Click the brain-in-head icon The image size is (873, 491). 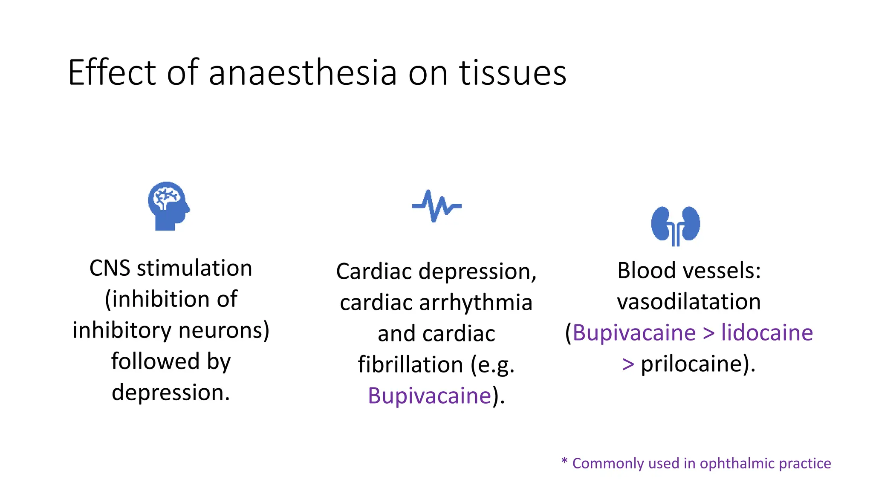click(169, 206)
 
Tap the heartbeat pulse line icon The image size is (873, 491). click(436, 206)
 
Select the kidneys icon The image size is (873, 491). click(675, 225)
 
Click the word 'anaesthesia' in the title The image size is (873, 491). click(303, 73)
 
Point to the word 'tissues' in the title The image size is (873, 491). click(512, 73)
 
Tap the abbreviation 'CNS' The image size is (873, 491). click(110, 269)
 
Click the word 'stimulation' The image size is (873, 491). click(194, 269)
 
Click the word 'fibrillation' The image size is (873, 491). click(410, 365)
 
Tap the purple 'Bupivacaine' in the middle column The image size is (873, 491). click(430, 396)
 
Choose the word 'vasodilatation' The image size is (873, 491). click(688, 302)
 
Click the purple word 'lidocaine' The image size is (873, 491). click(767, 333)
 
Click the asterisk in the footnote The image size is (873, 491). click(564, 461)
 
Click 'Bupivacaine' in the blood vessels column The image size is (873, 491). click(634, 333)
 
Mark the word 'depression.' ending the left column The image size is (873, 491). click(171, 393)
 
